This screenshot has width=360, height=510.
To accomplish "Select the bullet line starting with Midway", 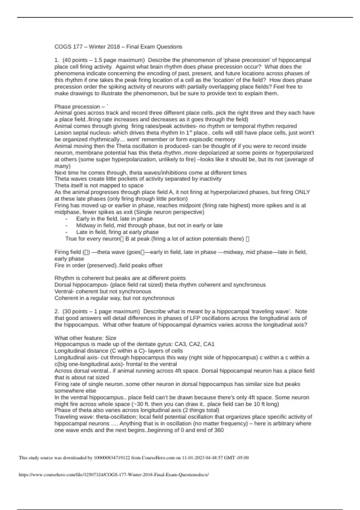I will pos(149,225).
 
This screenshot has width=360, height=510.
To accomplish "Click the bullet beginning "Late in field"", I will pos(117,232).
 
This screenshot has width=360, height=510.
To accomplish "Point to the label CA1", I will pos(209,344).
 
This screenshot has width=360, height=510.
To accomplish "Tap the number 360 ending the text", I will pos(219,430).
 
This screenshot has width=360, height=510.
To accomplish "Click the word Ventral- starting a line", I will pos(64,291).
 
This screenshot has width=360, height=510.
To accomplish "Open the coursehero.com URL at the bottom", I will pos(114,475).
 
